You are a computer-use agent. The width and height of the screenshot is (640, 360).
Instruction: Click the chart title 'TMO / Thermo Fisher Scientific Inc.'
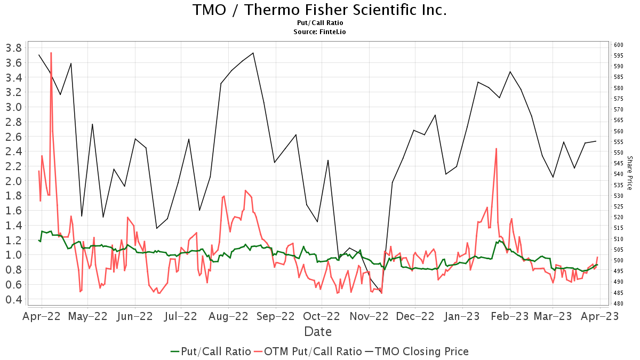[x=319, y=10]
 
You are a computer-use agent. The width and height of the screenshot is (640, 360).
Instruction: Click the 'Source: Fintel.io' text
[x=319, y=31]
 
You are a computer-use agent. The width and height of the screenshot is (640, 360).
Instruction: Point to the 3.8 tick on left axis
[x=13, y=48]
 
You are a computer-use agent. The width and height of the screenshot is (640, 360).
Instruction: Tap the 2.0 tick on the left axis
[x=13, y=181]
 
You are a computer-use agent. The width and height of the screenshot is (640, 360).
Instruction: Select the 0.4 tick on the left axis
[x=13, y=300]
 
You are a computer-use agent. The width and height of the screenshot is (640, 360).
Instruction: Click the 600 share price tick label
[x=618, y=45]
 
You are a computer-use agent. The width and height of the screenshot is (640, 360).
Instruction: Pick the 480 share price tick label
[x=618, y=303]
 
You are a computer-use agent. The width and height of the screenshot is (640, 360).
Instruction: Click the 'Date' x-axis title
[x=318, y=332]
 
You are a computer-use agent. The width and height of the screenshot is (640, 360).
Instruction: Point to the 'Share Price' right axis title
[x=629, y=173]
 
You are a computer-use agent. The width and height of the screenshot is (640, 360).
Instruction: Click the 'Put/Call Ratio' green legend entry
[x=211, y=351]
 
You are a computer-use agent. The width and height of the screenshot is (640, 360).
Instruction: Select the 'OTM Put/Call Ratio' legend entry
[x=308, y=351]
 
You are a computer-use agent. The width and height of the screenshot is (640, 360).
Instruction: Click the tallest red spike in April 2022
[x=51, y=53]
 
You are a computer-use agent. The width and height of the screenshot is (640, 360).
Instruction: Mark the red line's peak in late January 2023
[x=496, y=149]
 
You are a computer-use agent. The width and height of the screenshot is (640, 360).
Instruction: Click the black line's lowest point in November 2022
[x=381, y=292]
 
